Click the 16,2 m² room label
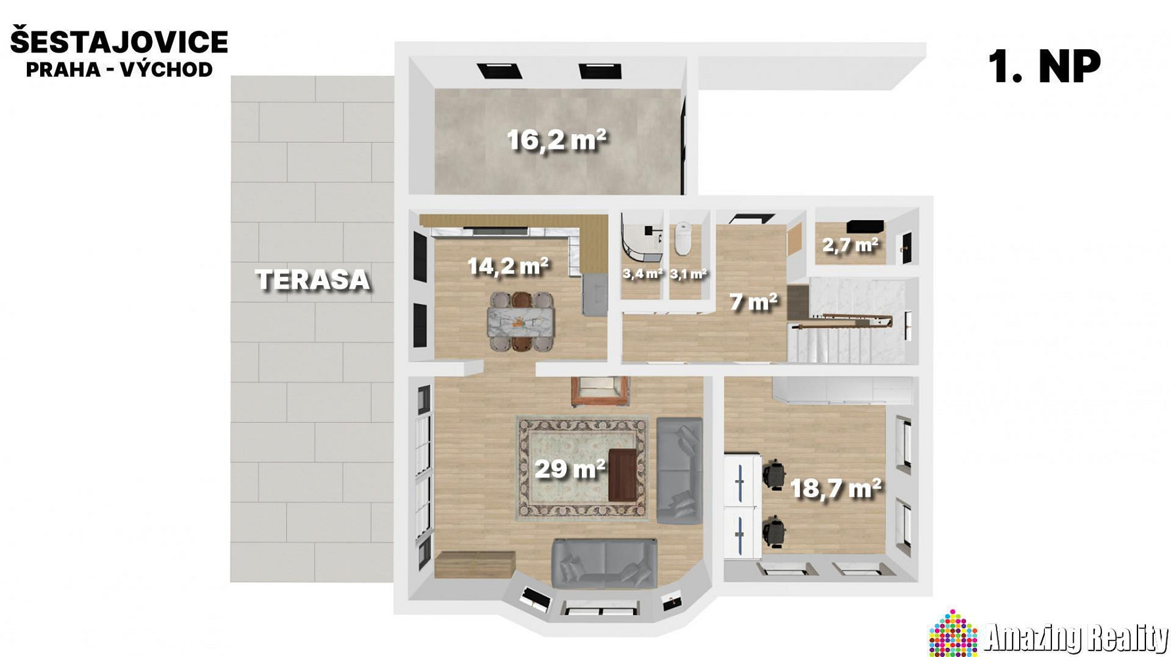click(556, 140)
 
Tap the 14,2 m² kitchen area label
click(508, 266)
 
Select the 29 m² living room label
click(570, 469)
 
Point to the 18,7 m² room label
click(836, 489)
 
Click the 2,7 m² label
click(851, 246)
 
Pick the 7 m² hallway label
click(753, 302)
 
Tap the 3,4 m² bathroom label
click(642, 273)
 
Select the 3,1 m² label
click(688, 274)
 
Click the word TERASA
click(313, 280)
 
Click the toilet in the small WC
click(683, 239)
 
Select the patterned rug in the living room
click(583, 468)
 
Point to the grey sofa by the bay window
click(604, 563)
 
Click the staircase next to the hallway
click(852, 321)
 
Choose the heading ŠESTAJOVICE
click(119, 42)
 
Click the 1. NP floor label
click(1045, 66)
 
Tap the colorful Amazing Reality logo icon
click(953, 633)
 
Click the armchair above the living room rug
click(600, 390)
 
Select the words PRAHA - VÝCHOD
click(119, 69)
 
